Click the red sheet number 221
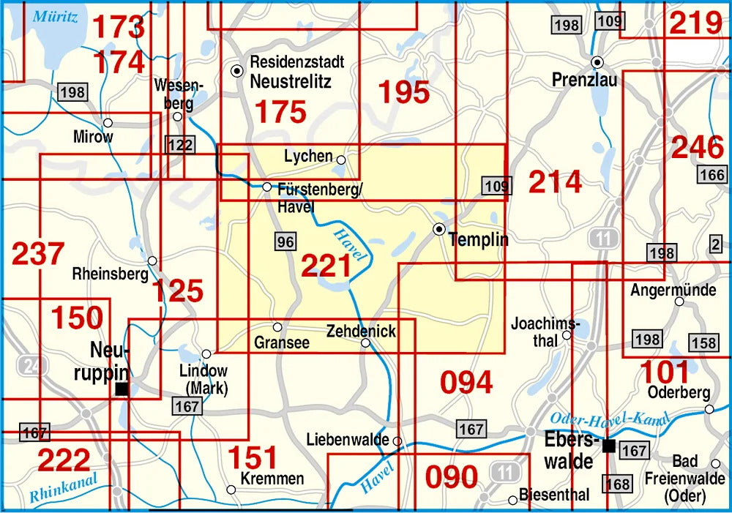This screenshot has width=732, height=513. [326, 266]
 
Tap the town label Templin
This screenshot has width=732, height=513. [478, 239]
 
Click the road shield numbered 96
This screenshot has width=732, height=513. [286, 241]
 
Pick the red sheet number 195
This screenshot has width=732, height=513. [403, 91]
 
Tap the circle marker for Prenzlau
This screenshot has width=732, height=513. [597, 62]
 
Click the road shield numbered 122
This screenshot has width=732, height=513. [179, 144]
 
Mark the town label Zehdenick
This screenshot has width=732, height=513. [361, 331]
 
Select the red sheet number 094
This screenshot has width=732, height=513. [466, 381]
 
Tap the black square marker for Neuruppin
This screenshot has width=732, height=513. [122, 389]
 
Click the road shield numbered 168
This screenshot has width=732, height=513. [617, 484]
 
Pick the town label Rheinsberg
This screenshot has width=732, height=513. [109, 274]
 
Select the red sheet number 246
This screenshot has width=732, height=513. [698, 147]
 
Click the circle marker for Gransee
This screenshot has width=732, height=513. [277, 326]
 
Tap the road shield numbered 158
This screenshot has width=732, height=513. [703, 343]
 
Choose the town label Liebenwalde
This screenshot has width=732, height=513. [347, 440]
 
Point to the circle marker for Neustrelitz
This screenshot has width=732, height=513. [237, 71]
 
